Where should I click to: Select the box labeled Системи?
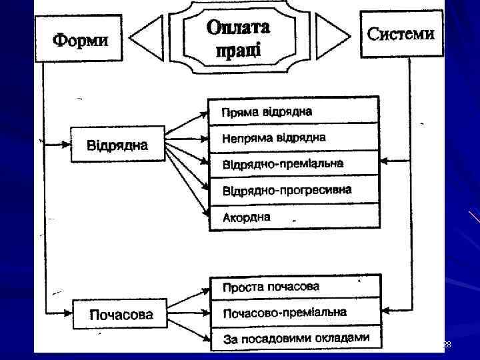click(x=401, y=33)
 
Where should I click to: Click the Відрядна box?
click(x=117, y=144)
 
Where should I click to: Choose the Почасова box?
click(x=121, y=313)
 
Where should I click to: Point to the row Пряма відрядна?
click(x=293, y=111)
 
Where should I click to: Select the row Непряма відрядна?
click(x=293, y=138)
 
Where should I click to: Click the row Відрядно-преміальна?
click(x=293, y=164)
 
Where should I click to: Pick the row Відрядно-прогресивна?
click(x=293, y=191)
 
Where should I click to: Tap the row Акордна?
click(x=293, y=217)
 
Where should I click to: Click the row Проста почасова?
click(x=293, y=287)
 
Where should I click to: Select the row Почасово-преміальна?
click(x=293, y=312)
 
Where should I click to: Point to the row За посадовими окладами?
click(x=293, y=338)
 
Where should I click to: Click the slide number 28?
click(x=447, y=345)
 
